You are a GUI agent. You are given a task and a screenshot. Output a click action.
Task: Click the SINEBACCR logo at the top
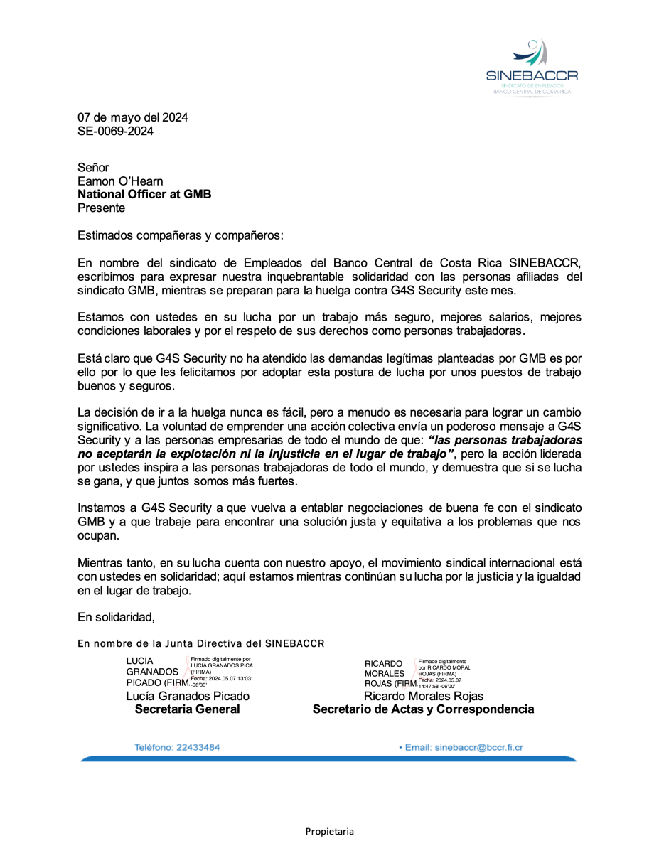tap(532, 68)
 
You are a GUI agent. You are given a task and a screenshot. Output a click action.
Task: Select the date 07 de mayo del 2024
tap(132, 117)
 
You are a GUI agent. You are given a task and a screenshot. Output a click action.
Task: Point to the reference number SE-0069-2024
tap(115, 131)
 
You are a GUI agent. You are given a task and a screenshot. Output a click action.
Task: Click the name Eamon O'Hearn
tap(120, 181)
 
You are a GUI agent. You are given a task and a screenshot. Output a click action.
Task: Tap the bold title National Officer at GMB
tap(144, 194)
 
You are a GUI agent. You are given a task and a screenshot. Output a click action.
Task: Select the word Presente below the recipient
tap(101, 208)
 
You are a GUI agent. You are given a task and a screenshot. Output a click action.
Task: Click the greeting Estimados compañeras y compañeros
tap(180, 235)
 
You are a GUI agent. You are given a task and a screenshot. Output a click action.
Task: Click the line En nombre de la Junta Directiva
tap(200, 644)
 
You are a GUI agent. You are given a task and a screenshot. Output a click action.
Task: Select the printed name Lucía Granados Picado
tap(188, 696)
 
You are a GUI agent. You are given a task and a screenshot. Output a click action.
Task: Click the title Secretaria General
tap(188, 709)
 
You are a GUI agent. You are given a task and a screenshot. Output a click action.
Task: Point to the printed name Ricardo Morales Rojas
tap(423, 696)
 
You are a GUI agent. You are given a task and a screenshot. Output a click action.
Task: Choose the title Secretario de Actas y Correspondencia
tap(423, 709)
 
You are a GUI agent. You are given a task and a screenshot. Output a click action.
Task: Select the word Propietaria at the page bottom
tap(329, 831)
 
